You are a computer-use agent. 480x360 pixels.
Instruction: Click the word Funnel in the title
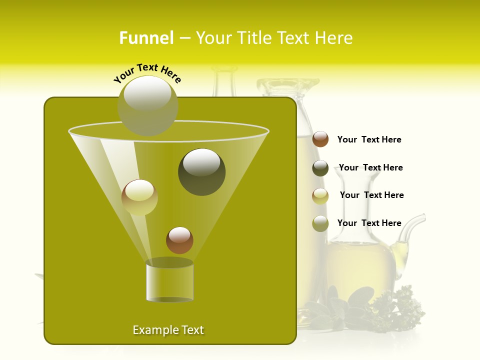point(146,38)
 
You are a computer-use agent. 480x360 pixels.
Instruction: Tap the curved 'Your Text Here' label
point(147,73)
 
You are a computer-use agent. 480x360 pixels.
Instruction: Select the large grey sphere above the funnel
point(148,105)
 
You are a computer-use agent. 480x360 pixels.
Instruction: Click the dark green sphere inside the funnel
point(202,172)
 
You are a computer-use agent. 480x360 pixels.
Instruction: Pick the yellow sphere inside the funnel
point(139,197)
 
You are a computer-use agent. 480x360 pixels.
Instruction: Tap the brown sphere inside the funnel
point(179,240)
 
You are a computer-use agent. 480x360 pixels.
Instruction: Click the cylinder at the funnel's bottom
point(169,282)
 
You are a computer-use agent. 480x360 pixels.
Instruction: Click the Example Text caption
point(168,330)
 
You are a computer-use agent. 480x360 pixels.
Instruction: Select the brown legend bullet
point(320,139)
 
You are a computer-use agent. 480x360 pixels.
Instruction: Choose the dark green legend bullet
point(320,168)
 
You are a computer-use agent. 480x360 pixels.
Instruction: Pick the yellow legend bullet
point(320,196)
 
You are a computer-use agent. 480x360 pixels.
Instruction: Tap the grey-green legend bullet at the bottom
point(320,223)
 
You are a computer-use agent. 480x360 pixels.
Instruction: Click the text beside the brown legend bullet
point(369,139)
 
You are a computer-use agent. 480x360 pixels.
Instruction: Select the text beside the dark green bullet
point(370,167)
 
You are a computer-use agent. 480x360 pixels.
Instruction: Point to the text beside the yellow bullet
point(371,195)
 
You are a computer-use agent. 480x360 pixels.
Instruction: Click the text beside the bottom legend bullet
point(369,223)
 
